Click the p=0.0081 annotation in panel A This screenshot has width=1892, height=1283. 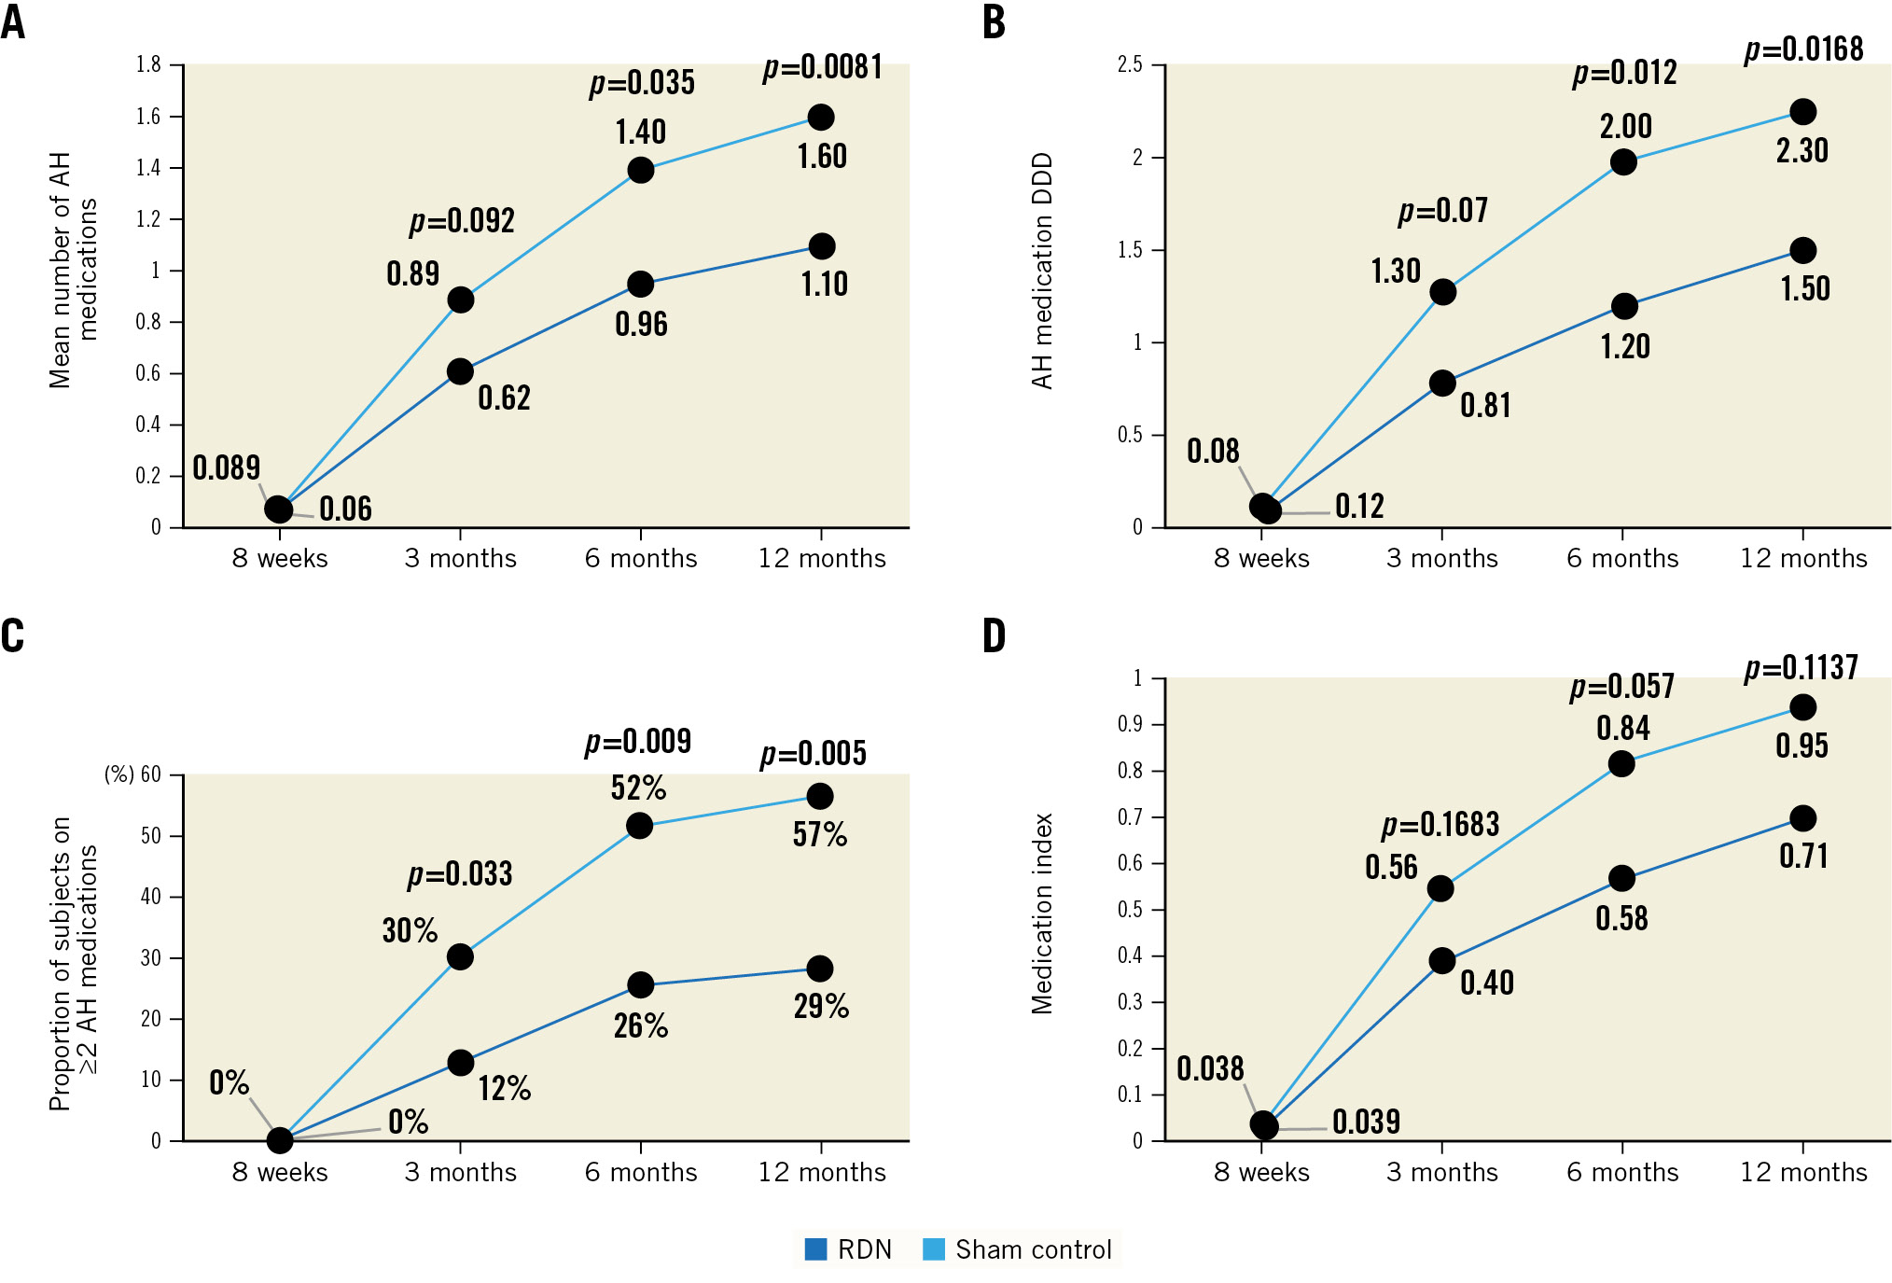point(822,67)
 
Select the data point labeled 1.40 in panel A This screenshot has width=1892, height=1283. point(640,170)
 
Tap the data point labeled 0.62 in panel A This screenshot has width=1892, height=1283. point(460,371)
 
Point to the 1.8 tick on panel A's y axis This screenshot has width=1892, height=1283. point(148,64)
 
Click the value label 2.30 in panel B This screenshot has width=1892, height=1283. point(1802,150)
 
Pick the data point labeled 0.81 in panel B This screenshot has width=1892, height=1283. point(1442,383)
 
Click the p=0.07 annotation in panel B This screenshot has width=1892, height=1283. point(1442,211)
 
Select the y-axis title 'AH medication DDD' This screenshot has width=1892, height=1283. point(1042,271)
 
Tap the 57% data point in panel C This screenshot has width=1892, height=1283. point(820,796)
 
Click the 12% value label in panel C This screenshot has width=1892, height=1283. point(505,1088)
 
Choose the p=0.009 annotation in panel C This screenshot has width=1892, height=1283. point(638,742)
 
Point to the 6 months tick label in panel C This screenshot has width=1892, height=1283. point(641,1172)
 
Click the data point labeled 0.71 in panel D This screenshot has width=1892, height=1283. point(1802,818)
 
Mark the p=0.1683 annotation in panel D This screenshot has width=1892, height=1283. point(1440,825)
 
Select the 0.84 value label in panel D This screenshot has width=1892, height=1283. point(1622,729)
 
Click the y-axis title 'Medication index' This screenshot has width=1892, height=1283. point(1042,913)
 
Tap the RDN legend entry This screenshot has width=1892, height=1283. point(848,1249)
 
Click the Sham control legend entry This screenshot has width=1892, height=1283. point(1018,1249)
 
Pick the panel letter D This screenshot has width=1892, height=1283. point(995,636)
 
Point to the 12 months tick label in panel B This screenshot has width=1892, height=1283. point(1803,558)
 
